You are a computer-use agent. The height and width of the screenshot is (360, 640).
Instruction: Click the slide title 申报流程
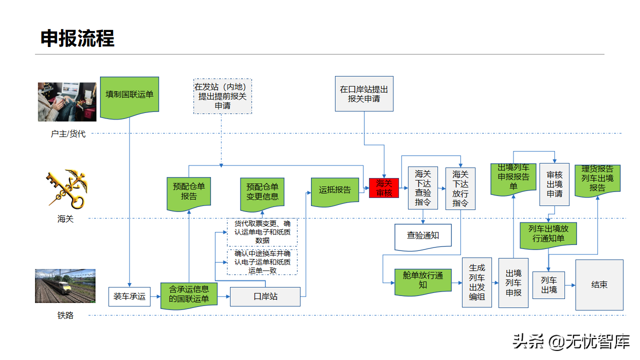[x=77, y=38]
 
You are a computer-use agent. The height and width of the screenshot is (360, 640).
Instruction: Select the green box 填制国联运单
[x=129, y=95]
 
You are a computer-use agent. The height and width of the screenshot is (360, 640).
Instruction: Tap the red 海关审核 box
[x=384, y=188]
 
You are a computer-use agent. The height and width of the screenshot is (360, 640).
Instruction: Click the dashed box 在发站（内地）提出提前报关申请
[x=222, y=96]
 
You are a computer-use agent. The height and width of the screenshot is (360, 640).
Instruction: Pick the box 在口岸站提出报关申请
[x=363, y=93]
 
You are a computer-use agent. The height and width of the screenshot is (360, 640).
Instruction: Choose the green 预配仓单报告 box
[x=189, y=192]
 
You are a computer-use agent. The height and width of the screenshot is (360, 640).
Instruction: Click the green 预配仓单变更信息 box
[x=262, y=191]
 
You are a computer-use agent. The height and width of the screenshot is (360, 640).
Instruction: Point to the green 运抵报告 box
[x=335, y=190]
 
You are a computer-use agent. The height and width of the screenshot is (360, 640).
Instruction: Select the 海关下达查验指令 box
[x=422, y=188]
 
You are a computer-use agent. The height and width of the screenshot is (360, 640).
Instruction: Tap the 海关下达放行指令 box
[x=460, y=188]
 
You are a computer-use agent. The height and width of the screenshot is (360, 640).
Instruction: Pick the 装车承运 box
[x=129, y=296]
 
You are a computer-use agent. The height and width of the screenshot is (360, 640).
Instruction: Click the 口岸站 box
[x=265, y=296]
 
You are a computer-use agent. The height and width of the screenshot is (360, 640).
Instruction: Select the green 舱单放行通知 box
[x=423, y=281]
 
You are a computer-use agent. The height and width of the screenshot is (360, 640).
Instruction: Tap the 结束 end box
[x=599, y=284]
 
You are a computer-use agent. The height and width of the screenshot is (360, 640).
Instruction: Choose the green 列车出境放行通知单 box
[x=548, y=234]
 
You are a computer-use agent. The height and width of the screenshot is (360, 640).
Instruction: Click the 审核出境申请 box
[x=554, y=184]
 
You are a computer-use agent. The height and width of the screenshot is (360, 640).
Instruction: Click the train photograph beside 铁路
[x=65, y=286]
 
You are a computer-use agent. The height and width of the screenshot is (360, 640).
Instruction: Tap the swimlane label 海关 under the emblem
[x=65, y=218]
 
